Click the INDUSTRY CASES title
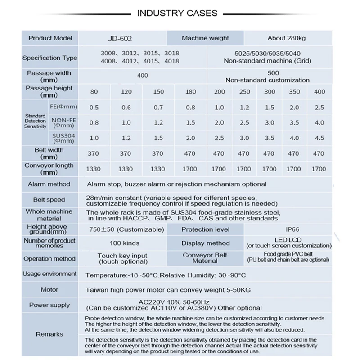(x=177, y=13)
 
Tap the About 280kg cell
(x=288, y=39)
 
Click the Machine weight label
(x=205, y=39)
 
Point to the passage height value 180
(x=191, y=92)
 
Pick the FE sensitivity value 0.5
(x=94, y=108)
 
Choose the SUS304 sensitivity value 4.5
(x=319, y=138)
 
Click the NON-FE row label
(x=63, y=123)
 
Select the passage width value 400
(x=142, y=76)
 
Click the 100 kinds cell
(x=125, y=243)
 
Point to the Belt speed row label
(x=49, y=200)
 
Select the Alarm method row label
(x=49, y=184)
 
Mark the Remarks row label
(x=49, y=334)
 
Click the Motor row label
(x=49, y=290)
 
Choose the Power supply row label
(x=49, y=305)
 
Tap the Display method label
(x=205, y=243)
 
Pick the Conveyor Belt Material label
(x=205, y=258)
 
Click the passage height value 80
(x=94, y=92)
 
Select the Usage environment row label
(x=49, y=274)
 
